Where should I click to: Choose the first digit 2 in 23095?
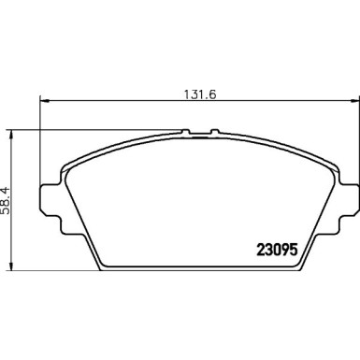pos(261,250)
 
